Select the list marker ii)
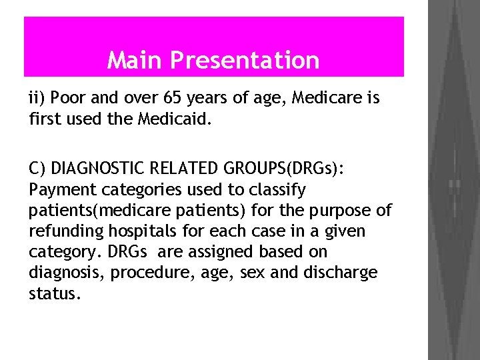[37, 99]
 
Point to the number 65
[172, 99]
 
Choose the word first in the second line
[45, 120]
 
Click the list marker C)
[38, 169]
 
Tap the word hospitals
[133, 231]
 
